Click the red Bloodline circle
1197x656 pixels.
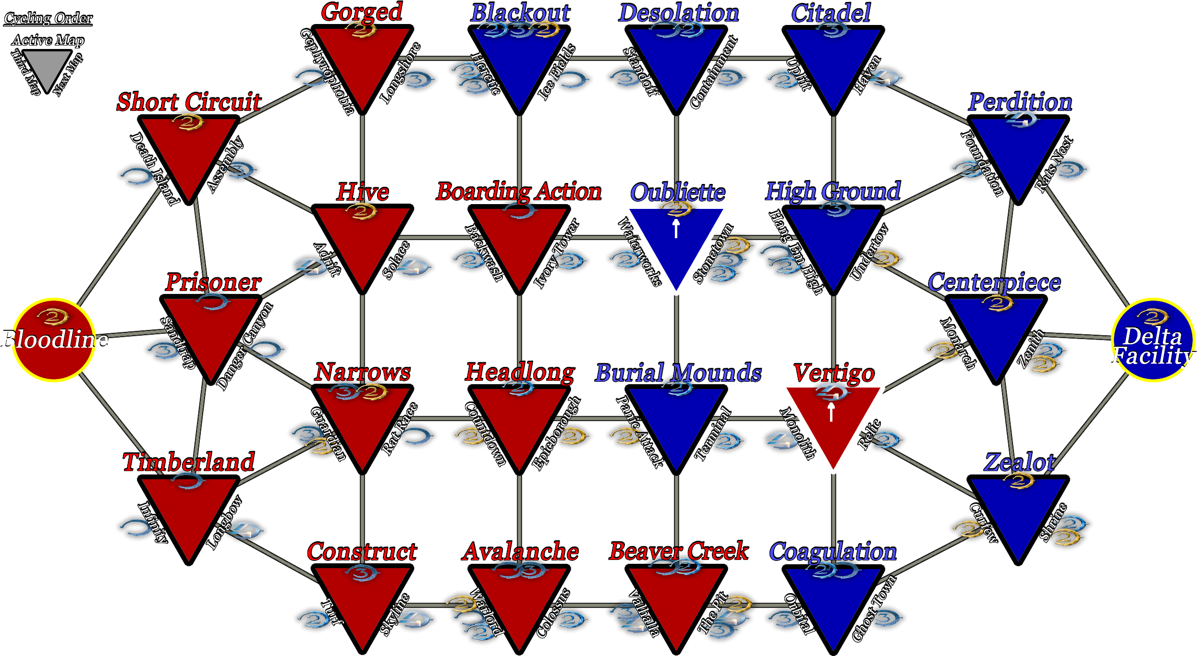point(54,340)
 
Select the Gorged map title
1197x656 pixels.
point(362,12)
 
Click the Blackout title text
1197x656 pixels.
point(520,12)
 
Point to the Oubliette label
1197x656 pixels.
point(678,193)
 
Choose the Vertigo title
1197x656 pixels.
point(833,373)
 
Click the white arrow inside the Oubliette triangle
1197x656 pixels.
point(676,229)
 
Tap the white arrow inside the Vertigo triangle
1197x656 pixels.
point(831,412)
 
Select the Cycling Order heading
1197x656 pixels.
point(48,18)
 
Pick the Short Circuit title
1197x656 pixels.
point(189,102)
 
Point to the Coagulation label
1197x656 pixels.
point(833,552)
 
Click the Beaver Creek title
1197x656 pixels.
point(679,551)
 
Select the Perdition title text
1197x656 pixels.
point(1020,102)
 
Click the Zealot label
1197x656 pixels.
point(1019,462)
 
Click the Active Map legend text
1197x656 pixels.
point(48,40)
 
